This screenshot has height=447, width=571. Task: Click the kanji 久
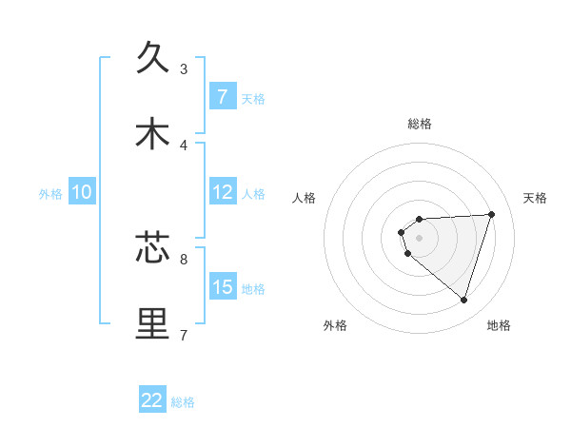[153, 57]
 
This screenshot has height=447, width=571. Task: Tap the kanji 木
[153, 134]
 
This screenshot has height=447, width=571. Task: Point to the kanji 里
[153, 323]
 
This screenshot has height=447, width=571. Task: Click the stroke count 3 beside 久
[184, 68]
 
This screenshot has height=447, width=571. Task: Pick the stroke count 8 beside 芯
[184, 258]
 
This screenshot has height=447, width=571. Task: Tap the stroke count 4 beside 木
[184, 145]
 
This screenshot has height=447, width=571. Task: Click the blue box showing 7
[222, 97]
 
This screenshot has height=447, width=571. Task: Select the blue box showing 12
[222, 192]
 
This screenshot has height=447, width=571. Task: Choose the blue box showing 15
[222, 287]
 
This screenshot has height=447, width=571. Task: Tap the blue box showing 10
[81, 192]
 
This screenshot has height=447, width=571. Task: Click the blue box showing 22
[152, 400]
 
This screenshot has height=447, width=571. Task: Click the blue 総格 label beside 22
[183, 402]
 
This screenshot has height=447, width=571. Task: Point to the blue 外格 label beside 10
[50, 194]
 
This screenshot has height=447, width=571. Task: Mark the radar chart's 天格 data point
[491, 214]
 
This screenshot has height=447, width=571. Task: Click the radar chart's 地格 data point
[463, 300]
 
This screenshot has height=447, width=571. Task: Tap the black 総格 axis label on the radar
[419, 125]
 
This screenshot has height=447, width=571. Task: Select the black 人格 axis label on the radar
[305, 198]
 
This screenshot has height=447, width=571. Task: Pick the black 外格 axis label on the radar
[335, 325]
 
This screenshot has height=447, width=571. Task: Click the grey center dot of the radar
[419, 238]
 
